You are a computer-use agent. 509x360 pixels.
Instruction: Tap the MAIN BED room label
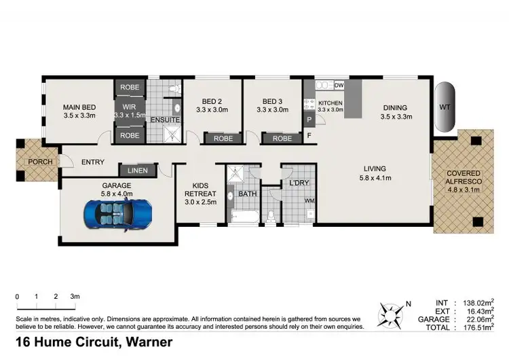point(80,107)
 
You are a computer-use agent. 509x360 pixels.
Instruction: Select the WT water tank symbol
point(445,107)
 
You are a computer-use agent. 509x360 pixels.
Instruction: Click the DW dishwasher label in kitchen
point(339,85)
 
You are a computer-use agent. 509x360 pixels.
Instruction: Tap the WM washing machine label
point(309,200)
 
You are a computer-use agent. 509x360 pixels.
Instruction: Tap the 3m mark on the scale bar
point(75,297)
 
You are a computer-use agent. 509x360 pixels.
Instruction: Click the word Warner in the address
point(149,342)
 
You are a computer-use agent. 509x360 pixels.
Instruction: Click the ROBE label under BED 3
point(282,139)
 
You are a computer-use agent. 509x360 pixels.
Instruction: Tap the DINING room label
point(394,107)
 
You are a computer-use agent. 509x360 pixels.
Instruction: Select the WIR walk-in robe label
point(129,107)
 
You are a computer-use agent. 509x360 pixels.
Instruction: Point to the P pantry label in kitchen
point(309,120)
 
